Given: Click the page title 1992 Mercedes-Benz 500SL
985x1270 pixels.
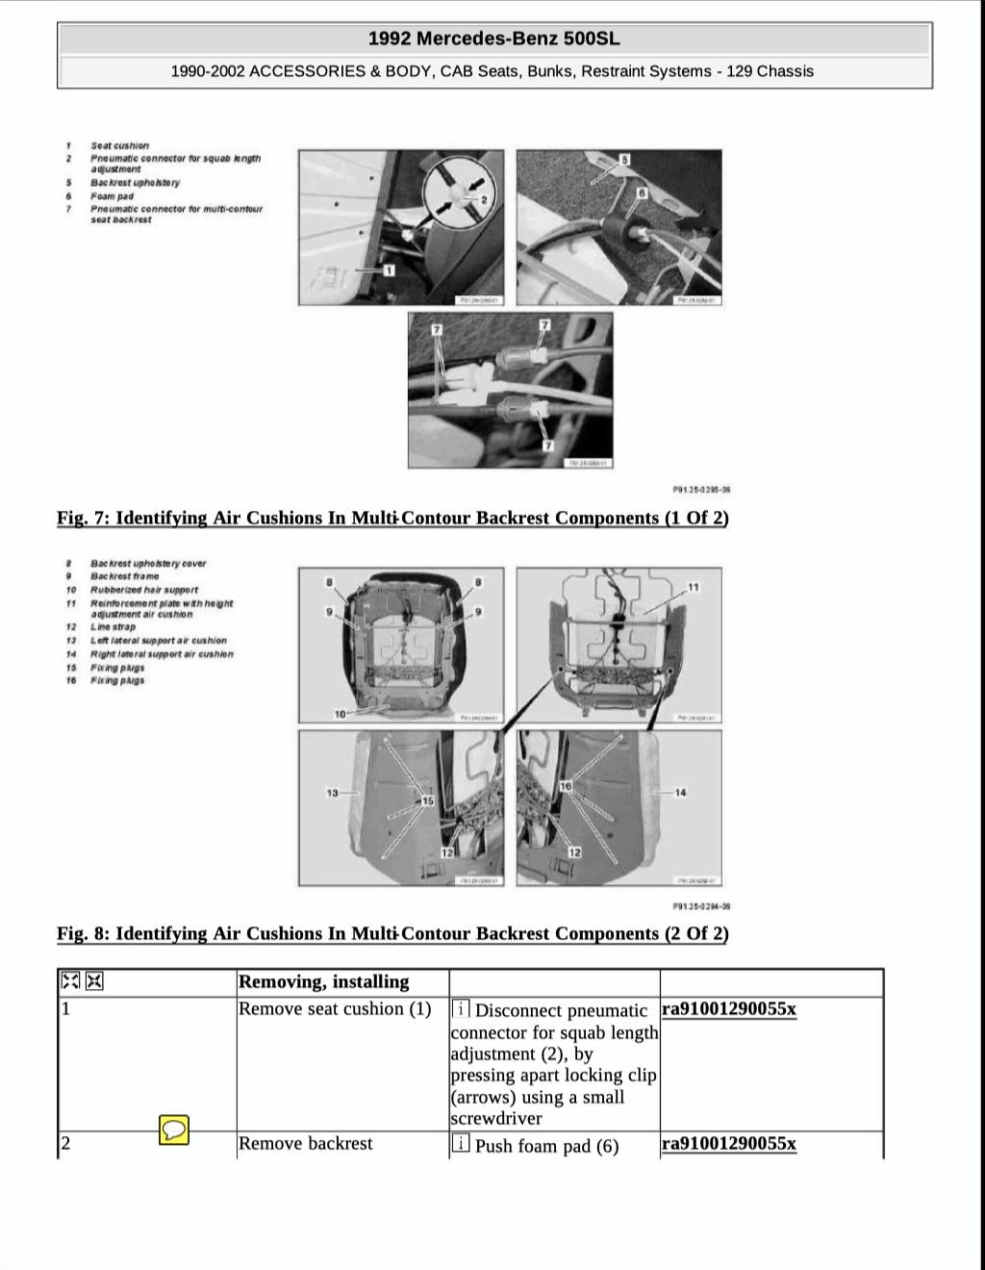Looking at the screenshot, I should click(x=493, y=38).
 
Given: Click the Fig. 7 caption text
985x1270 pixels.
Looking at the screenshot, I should click(x=392, y=518).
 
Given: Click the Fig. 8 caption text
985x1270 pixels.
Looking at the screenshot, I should click(x=392, y=933).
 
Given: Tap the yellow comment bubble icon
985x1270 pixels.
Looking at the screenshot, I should click(x=174, y=1130).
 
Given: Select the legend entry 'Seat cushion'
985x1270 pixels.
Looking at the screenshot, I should click(x=119, y=146).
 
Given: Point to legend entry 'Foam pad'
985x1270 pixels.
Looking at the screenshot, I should click(x=112, y=196).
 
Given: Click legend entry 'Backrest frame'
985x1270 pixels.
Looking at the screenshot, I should click(x=124, y=576).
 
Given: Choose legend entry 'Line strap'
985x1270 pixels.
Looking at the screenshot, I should click(x=113, y=627).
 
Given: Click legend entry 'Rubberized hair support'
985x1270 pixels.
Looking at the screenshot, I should click(x=143, y=590).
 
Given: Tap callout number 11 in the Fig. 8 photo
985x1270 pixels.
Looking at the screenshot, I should click(x=694, y=587).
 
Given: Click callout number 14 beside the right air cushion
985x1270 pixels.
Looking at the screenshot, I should click(x=681, y=793).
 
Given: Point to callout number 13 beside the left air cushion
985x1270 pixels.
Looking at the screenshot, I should click(x=333, y=793).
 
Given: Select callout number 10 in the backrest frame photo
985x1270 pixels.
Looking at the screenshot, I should click(x=341, y=714).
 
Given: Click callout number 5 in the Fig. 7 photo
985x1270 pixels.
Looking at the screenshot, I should click(x=624, y=160).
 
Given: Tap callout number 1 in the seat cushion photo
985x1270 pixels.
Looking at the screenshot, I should click(x=389, y=270).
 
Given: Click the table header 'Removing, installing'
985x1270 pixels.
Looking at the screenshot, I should click(x=323, y=982).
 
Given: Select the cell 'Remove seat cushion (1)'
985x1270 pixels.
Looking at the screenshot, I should click(x=335, y=1009).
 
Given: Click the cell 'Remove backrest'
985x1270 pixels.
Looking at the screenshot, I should click(x=305, y=1144).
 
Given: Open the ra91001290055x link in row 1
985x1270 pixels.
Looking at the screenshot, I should click(x=728, y=1009).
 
